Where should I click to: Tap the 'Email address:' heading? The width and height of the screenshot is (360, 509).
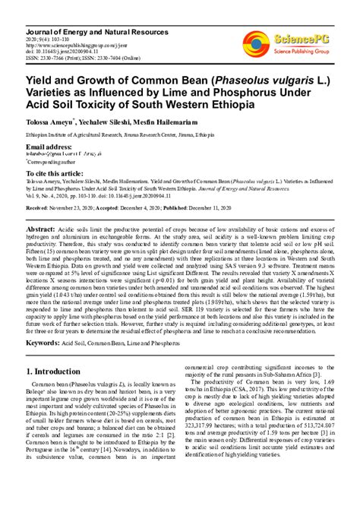pos(49,146)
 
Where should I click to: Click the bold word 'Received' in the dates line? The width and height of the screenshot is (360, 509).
pos(41,207)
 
